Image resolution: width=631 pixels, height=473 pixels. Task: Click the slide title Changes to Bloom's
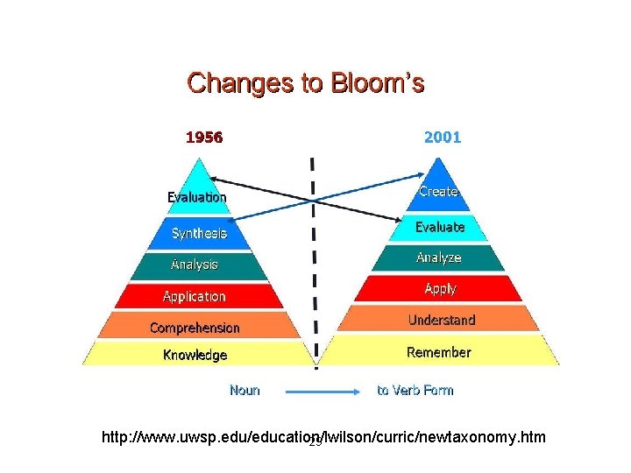pyautogui.click(x=306, y=83)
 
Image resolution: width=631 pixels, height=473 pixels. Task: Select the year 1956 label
pyautogui.click(x=203, y=138)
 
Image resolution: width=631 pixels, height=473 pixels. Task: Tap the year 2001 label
pyautogui.click(x=442, y=138)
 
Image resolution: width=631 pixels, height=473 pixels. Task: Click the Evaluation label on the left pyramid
pyautogui.click(x=197, y=197)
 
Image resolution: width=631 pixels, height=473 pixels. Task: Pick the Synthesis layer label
pyautogui.click(x=199, y=233)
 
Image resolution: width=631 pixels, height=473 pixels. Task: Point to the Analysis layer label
pyautogui.click(x=195, y=264)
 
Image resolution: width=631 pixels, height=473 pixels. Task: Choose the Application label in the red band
pyautogui.click(x=195, y=297)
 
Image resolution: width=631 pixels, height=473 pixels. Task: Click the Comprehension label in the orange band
pyautogui.click(x=195, y=328)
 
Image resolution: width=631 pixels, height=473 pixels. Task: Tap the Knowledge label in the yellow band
pyautogui.click(x=195, y=355)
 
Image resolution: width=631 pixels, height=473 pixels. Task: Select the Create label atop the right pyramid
pyautogui.click(x=438, y=191)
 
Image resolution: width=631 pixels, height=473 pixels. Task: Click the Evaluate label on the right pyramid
pyautogui.click(x=440, y=227)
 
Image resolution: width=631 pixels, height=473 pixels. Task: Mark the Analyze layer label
pyautogui.click(x=438, y=258)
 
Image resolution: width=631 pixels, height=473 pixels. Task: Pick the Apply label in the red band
pyautogui.click(x=440, y=288)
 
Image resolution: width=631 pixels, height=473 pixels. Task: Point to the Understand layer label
pyautogui.click(x=442, y=321)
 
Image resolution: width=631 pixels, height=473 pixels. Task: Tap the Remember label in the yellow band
pyautogui.click(x=439, y=352)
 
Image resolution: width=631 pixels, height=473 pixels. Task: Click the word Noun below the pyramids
pyautogui.click(x=245, y=390)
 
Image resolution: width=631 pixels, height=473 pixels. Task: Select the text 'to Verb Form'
pyautogui.click(x=415, y=390)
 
